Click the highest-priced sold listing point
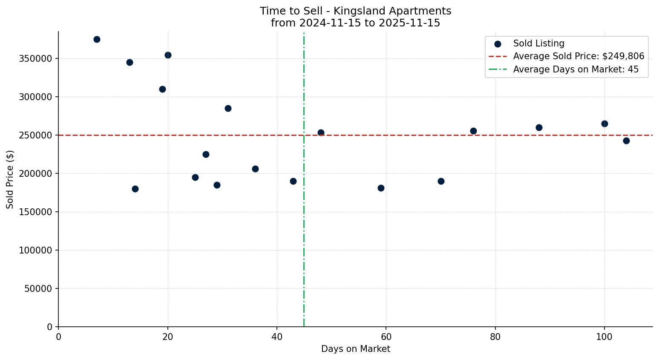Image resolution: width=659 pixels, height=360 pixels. [x=97, y=40]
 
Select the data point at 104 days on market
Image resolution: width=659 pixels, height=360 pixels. [x=626, y=141]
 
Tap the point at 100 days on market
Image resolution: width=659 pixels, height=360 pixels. [x=604, y=124]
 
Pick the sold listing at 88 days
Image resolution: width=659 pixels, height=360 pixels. [x=539, y=127]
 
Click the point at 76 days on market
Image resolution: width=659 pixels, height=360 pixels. [x=473, y=131]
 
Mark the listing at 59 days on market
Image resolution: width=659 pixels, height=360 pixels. [x=381, y=188]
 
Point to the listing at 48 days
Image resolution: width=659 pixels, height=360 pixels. [x=321, y=132]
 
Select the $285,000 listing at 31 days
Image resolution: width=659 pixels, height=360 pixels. [x=228, y=108]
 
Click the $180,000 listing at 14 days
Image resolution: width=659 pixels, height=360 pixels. [x=135, y=189]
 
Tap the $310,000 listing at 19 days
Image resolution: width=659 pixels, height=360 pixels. [x=162, y=89]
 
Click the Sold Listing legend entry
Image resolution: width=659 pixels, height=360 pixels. [x=538, y=43]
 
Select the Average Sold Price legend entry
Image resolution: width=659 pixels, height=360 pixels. [x=578, y=56]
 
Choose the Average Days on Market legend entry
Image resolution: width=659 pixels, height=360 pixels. [x=576, y=69]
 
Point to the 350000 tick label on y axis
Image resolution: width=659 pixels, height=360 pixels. [x=36, y=59]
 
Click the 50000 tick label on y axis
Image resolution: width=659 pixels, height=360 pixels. [x=38, y=289]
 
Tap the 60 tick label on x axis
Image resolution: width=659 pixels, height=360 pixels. [x=386, y=337]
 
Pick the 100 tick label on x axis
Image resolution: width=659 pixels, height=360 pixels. [x=604, y=337]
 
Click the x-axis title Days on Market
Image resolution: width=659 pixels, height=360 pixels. [x=355, y=349]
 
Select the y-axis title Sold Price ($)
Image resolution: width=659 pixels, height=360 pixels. [x=10, y=179]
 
